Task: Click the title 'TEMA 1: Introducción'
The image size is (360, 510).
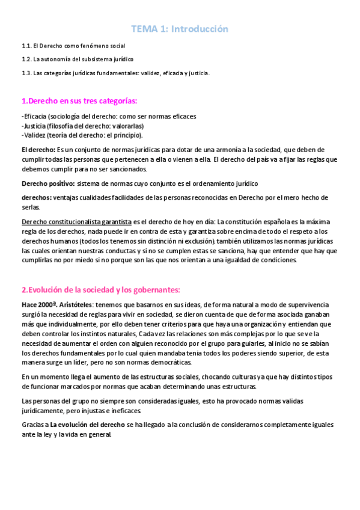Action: pyautogui.click(x=180, y=29)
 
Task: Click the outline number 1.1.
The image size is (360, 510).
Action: pyautogui.click(x=26, y=46)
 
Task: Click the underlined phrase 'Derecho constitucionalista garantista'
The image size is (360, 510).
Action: pyautogui.click(x=76, y=222)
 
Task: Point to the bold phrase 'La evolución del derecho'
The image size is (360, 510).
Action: pyautogui.click(x=88, y=425)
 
